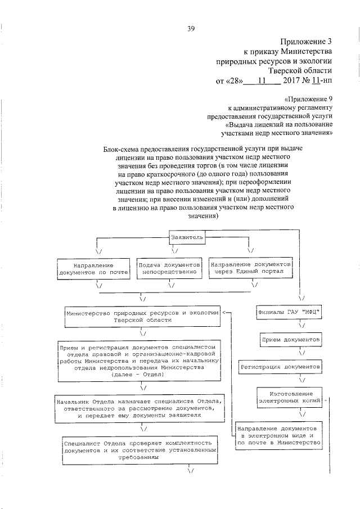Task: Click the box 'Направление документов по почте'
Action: point(93,268)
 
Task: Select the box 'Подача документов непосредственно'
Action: point(169,268)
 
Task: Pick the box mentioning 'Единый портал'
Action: point(250,268)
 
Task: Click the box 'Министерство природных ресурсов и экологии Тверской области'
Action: point(141,316)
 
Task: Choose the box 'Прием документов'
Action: point(290,340)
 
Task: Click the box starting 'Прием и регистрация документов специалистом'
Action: point(141,361)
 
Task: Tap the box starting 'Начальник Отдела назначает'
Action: point(141,409)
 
